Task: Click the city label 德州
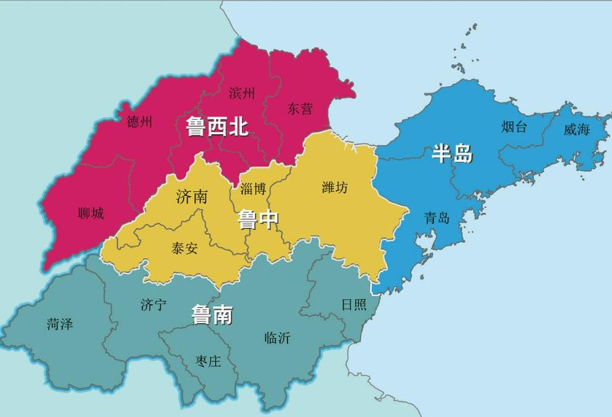pos(139,122)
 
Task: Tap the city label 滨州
pos(241,93)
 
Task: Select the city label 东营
pos(300,109)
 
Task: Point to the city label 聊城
pos(91,213)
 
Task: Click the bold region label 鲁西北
pos(217,127)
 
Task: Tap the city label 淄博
pos(253,188)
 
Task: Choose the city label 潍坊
pos(334,187)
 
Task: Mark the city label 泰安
pos(184,248)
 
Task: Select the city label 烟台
pos(514,127)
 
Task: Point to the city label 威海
pos(576,129)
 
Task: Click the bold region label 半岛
pos(452,154)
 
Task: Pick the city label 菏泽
pos(59,324)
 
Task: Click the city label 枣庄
pos(207,360)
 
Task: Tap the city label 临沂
pos(277,338)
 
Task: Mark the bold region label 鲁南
pos(212,315)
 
